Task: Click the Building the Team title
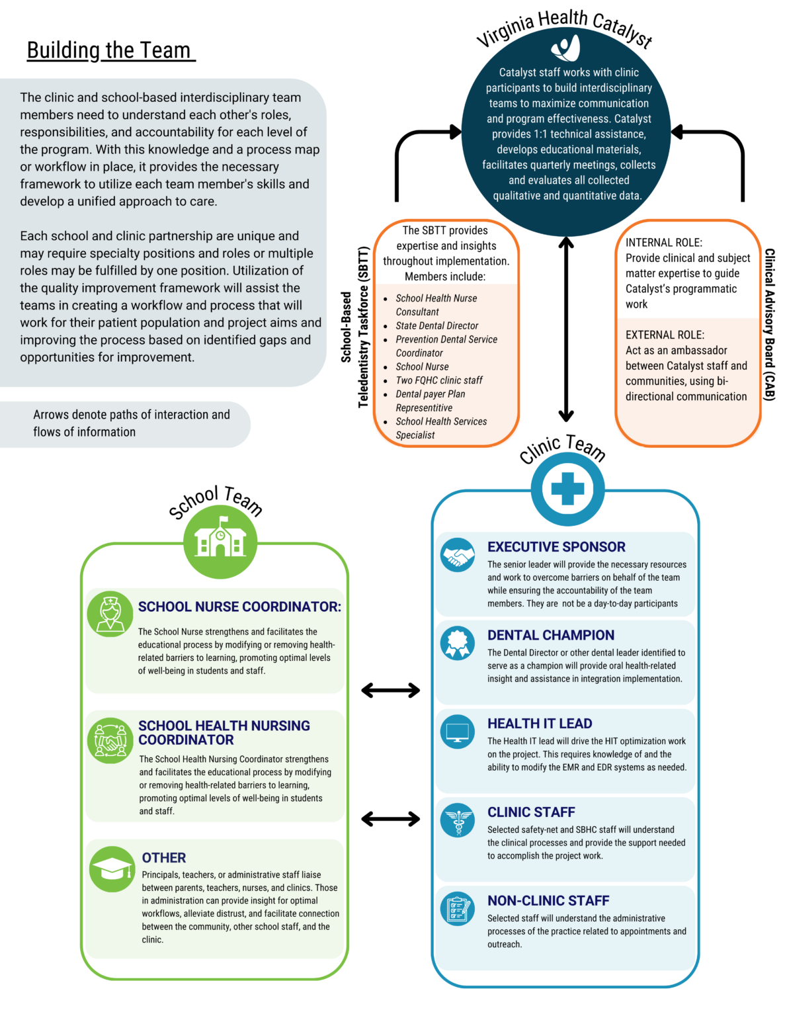tap(110, 50)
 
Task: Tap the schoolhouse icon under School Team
tap(220, 539)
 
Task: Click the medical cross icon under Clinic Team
tap(567, 489)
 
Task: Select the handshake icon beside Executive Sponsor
tap(458, 554)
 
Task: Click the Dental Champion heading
tap(550, 635)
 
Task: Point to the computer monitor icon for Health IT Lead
tap(458, 732)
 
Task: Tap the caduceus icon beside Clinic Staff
tap(458, 820)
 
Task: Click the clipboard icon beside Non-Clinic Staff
tap(458, 908)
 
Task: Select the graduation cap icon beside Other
tap(112, 868)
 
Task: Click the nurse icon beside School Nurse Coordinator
tap(110, 614)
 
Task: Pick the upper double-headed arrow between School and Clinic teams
tap(391, 691)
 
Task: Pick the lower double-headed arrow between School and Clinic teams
tap(391, 819)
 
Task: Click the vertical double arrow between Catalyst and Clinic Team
tap(566, 329)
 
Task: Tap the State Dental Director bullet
tap(436, 325)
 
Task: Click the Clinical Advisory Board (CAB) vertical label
tap(769, 324)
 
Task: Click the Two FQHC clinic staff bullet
tap(439, 380)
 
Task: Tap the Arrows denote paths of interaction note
tap(131, 423)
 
